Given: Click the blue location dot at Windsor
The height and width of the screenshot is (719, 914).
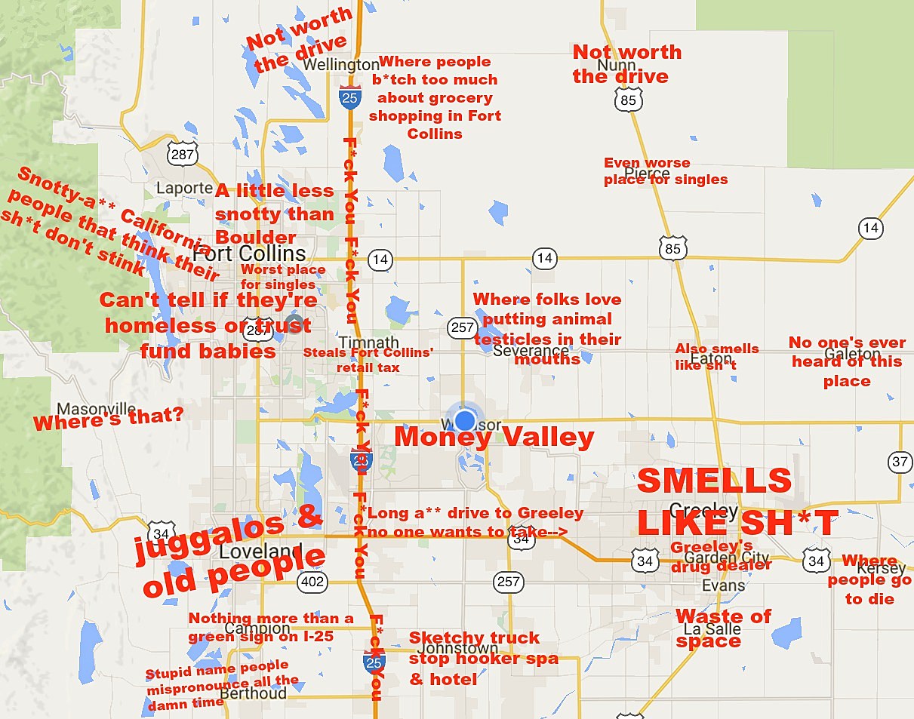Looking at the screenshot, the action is [x=466, y=420].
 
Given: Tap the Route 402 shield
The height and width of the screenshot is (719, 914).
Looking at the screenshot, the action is [x=312, y=582].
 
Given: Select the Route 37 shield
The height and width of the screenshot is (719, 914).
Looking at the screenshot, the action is [x=900, y=462].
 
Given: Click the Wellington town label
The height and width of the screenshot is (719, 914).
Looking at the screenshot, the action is [x=341, y=65].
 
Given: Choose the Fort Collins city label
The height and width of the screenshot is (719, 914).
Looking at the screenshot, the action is [x=250, y=253].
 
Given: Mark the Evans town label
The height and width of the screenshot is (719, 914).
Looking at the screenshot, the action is [x=723, y=585].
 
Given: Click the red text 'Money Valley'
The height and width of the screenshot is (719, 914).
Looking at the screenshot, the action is [x=494, y=438].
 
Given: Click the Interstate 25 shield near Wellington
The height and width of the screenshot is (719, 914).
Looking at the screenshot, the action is [x=349, y=97].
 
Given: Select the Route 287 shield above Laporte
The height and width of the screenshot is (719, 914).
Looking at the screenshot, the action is [x=183, y=155].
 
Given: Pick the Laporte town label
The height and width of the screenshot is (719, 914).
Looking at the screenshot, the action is [x=183, y=188].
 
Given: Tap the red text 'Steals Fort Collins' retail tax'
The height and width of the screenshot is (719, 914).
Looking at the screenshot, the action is [x=351, y=360].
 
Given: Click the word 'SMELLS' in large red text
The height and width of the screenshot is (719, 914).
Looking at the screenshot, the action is [x=714, y=481].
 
